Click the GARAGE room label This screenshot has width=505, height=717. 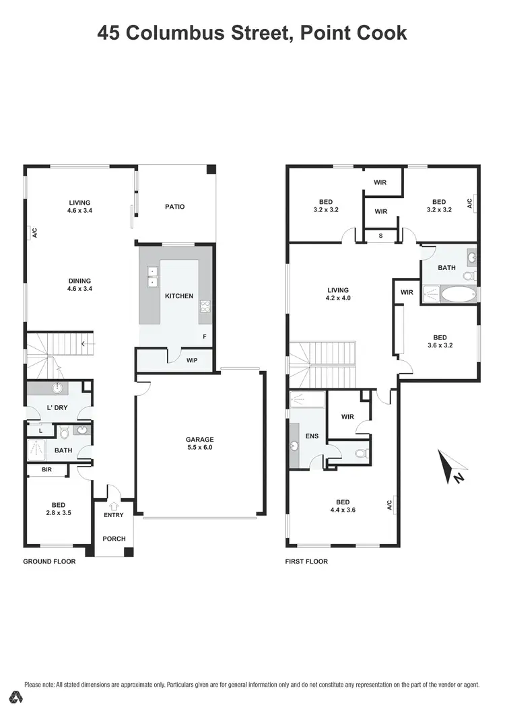coord(200,439)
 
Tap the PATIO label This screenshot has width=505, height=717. coord(174,207)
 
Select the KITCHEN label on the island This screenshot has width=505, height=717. coord(179,296)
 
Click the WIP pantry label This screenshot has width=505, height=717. coord(191,361)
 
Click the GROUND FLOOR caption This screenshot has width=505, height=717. coord(49,561)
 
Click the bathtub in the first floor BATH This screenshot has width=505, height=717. coord(457,294)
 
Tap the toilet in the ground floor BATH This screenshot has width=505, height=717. coord(64,431)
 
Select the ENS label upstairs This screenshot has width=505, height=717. coord(312,436)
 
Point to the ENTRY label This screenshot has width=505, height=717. coord(113,516)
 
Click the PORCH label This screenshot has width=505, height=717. coord(113,539)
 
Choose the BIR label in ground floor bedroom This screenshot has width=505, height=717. coord(46,469)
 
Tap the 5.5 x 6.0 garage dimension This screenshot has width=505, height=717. coord(200,447)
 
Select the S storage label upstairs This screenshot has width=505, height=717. coord(380,236)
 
